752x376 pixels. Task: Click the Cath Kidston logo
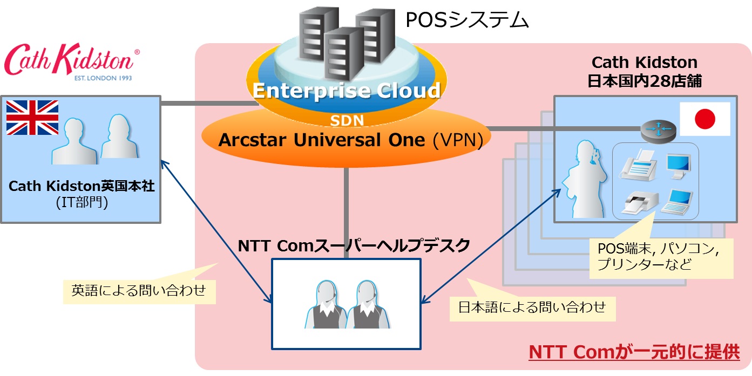pos(71,62)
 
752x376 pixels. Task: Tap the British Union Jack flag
pos(32,118)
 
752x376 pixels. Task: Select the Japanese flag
pos(704,119)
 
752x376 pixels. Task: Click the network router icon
pos(658,131)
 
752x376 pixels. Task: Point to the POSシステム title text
pos(467,19)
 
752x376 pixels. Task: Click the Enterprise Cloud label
pos(346,91)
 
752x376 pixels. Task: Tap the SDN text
pos(347,120)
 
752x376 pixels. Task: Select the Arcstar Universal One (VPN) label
pos(351,140)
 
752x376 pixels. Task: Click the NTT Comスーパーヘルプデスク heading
pos(354,245)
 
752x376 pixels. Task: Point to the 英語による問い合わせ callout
pos(139,290)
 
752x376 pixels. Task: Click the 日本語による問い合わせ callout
pos(532,307)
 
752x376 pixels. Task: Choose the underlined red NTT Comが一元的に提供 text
pos(634,352)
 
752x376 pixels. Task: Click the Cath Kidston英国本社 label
pos(82,186)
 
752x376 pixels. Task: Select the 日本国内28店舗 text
pos(644,81)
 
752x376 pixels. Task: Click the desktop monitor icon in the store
pos(679,166)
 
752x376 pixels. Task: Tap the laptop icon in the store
pos(677,202)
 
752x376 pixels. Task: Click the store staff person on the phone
pos(585,179)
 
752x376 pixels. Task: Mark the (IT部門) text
pos(82,202)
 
